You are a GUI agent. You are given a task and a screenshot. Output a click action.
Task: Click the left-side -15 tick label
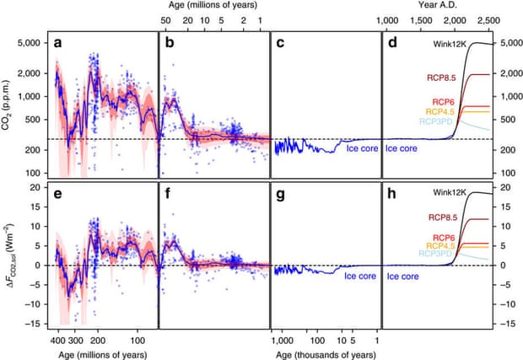[35, 324]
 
